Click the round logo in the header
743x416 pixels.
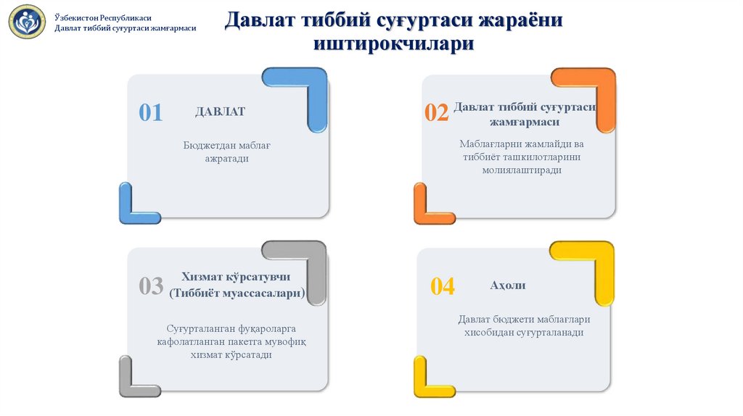click(27, 22)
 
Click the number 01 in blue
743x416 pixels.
click(151, 112)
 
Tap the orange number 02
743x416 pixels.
click(436, 112)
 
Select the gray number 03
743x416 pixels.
click(151, 286)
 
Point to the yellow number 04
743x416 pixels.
click(442, 286)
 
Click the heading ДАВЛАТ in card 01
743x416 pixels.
click(221, 112)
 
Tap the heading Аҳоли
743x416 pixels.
click(507, 285)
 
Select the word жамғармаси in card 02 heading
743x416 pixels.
click(525, 122)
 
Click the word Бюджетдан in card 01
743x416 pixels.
click(206, 145)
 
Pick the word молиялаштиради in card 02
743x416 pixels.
click(522, 170)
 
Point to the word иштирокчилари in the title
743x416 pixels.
click(394, 43)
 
